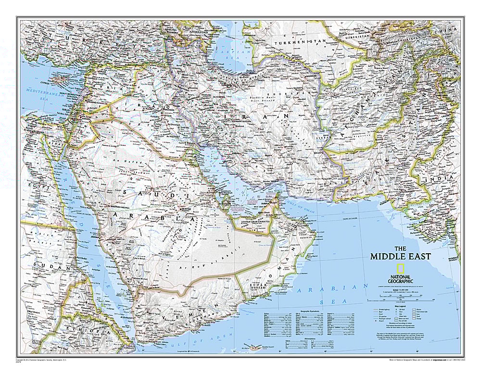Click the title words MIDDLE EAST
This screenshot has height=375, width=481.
(x=400, y=257)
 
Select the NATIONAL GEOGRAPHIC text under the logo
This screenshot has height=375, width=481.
(x=400, y=279)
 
